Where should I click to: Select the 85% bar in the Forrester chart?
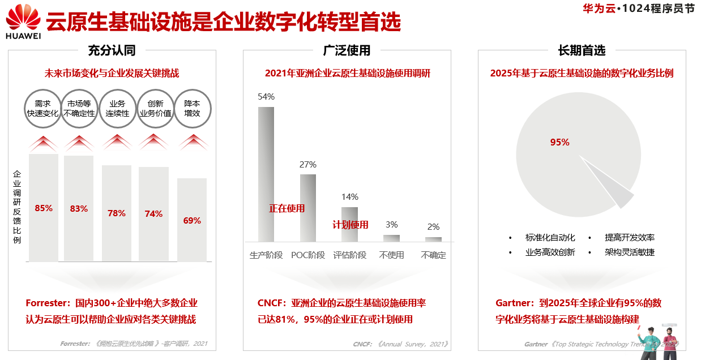(x=44, y=207)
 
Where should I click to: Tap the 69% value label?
(x=192, y=221)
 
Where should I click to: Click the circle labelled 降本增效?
(x=192, y=109)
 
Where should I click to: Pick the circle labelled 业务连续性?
(x=117, y=109)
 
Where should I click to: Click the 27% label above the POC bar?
(x=308, y=165)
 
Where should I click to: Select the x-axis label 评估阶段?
(x=350, y=255)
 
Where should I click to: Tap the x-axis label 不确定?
(x=434, y=255)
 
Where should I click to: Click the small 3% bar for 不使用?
(x=391, y=238)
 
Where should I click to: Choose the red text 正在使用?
(x=287, y=208)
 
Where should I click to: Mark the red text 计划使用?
(x=350, y=225)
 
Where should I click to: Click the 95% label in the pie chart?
(x=559, y=143)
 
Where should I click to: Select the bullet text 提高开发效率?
(x=630, y=238)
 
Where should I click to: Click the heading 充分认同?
(x=112, y=50)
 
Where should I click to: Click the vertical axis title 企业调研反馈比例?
(x=17, y=207)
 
